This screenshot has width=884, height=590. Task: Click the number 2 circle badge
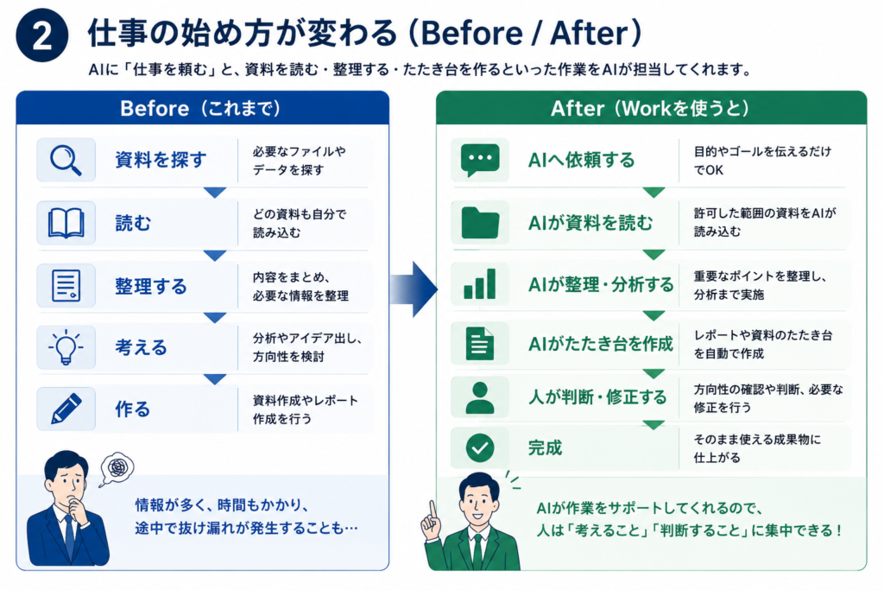42,35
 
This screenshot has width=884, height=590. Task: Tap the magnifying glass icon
66,160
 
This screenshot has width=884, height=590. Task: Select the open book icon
66,223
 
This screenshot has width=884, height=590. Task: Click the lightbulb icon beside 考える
66,347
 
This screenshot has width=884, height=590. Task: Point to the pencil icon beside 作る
66,409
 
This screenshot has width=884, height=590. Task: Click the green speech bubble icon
480,160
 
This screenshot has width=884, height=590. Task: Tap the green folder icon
480,223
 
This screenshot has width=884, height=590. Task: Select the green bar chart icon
480,283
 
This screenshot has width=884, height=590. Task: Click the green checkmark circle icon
480,447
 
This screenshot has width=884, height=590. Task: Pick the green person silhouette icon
480,397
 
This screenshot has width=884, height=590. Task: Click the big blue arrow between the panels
414,289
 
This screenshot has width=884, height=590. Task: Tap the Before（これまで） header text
200,108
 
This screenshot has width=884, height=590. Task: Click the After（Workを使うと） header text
650,108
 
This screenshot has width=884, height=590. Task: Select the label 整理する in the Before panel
150,286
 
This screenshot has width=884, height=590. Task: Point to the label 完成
546,447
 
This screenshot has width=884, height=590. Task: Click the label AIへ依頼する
581,160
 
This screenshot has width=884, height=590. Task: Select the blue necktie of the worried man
69,536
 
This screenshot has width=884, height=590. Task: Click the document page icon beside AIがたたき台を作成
480,344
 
